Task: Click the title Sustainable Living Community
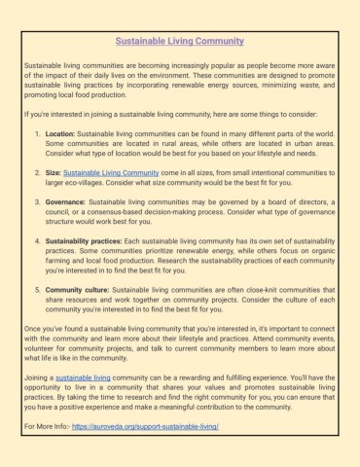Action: tap(179, 43)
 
